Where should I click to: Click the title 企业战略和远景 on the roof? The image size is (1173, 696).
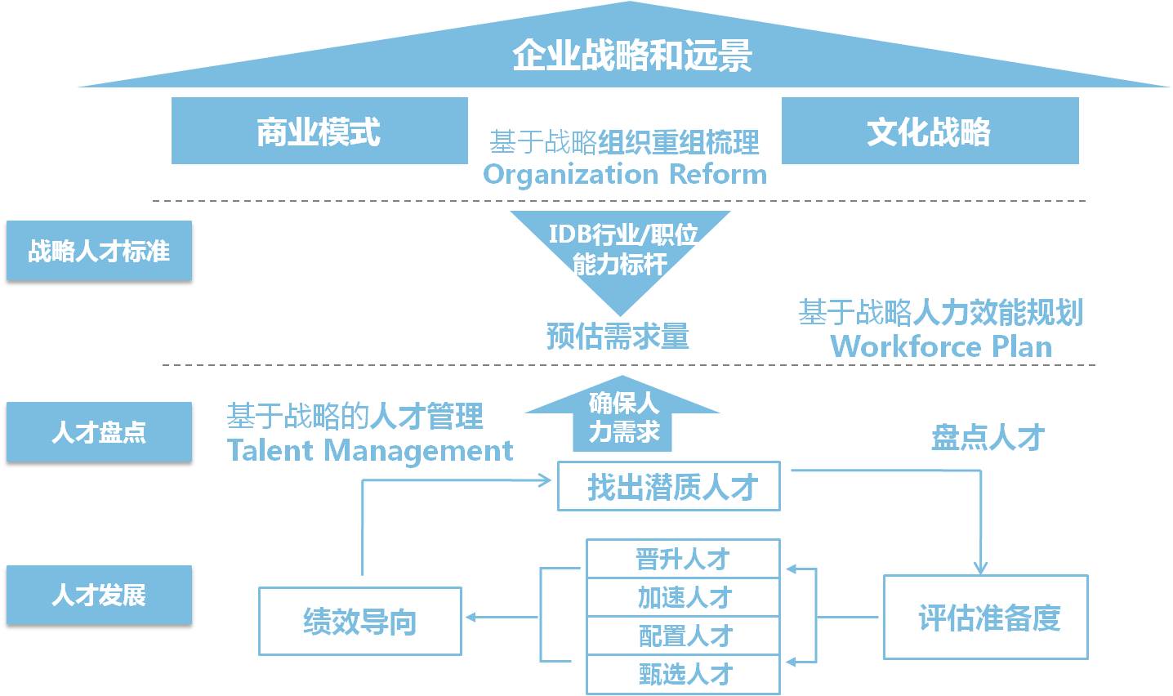[631, 56]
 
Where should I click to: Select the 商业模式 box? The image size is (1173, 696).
[319, 131]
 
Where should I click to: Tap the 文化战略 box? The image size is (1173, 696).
[929, 131]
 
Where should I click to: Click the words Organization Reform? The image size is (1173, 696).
[625, 174]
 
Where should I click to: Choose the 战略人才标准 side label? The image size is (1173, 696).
[99, 251]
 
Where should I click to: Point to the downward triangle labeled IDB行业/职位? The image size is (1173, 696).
[621, 249]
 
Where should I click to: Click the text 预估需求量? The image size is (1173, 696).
[618, 336]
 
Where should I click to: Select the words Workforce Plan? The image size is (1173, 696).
[941, 346]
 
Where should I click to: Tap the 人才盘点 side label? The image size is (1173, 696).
[99, 432]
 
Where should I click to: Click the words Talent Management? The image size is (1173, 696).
[369, 450]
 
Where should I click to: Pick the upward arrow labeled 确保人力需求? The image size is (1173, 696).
[622, 417]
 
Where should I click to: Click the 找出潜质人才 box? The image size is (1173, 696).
[669, 487]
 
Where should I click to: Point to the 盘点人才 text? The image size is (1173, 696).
[988, 437]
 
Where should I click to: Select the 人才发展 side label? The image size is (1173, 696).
[99, 595]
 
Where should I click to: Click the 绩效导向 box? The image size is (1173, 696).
[359, 621]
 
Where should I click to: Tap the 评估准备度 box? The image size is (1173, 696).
[986, 617]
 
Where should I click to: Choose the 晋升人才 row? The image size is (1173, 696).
[683, 559]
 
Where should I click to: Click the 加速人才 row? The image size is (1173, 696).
[683, 597]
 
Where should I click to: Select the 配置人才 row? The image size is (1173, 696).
[683, 636]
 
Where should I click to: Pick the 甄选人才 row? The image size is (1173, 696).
[683, 674]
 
